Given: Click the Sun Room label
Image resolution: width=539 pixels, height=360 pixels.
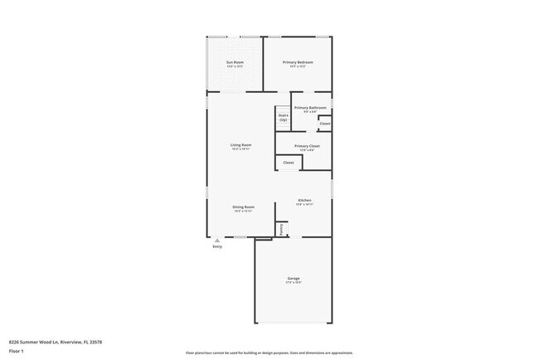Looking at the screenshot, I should coord(236,62).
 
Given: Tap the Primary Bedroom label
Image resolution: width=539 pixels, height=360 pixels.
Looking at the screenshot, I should coord(297,62).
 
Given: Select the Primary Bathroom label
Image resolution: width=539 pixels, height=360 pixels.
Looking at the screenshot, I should coord(309,108).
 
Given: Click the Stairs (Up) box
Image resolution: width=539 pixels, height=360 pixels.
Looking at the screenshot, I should coord(283,118).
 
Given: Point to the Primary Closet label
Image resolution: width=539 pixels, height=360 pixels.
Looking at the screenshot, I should coord(307,146).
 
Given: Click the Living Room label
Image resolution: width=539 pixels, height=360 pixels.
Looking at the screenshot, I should coord(240,145).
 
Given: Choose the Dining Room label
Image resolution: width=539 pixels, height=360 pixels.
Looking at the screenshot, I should coord(243,207).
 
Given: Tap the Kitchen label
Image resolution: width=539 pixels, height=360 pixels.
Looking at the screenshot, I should coord(304,200).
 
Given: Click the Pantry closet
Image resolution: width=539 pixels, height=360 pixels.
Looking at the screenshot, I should coord(281,228).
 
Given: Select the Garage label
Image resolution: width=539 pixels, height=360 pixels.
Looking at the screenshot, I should coord(294,278).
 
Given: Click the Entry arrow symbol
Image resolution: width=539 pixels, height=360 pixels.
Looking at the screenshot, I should coord(217,241).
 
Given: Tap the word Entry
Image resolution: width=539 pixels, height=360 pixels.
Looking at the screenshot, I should coord(217,246).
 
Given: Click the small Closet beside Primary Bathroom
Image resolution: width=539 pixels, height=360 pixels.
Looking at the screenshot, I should coord(324,124).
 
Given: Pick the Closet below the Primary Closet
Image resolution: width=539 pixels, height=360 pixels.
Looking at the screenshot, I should coord(288,163).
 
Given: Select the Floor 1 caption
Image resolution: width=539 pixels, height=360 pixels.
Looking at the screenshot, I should coord(17,351).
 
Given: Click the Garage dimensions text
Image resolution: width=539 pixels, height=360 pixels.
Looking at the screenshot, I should coord(294,283).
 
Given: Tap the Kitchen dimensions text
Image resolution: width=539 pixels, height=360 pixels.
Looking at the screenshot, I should coord(304,205).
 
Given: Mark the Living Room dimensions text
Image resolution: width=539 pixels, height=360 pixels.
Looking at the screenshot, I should coord(240,150).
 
